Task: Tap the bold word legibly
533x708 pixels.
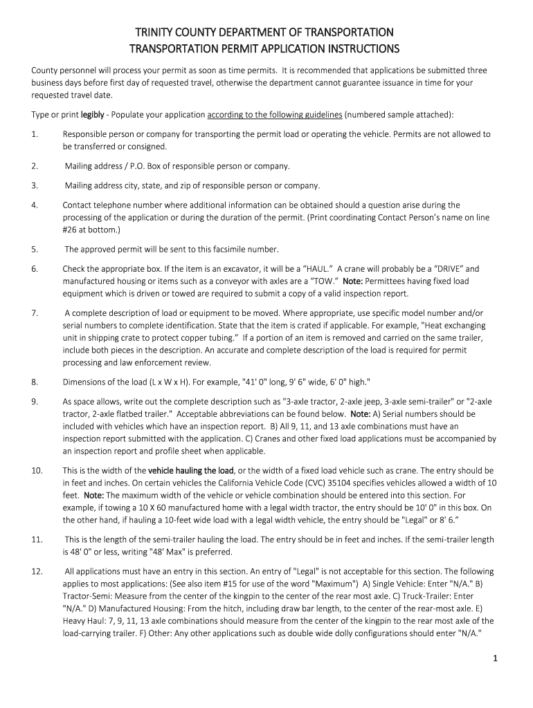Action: click(93, 114)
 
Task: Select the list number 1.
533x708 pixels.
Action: click(34, 134)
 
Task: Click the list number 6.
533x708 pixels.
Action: click(34, 269)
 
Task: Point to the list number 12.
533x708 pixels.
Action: click(37, 572)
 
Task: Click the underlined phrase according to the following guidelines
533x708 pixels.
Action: click(274, 114)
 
